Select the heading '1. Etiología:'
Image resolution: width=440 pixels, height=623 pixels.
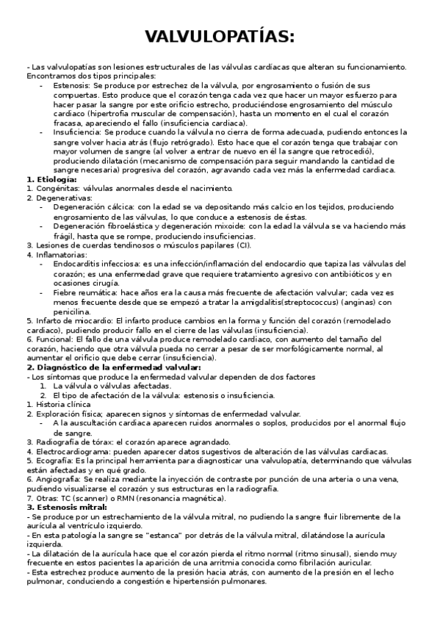[x=51, y=179]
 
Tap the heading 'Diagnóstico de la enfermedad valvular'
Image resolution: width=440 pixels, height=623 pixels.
[x=118, y=367]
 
